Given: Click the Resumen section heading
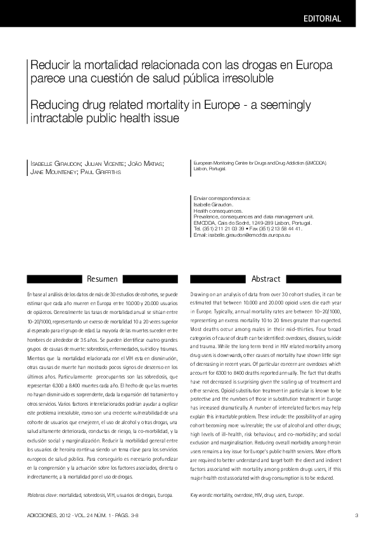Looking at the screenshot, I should click(102, 278).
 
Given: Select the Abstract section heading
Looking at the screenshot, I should click(265, 278).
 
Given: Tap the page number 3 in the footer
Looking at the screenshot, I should click(356, 515).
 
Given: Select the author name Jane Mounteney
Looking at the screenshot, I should click(52, 172).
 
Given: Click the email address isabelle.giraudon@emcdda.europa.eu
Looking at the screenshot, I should click(250, 235).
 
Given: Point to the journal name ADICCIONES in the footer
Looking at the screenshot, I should click(42, 515).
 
